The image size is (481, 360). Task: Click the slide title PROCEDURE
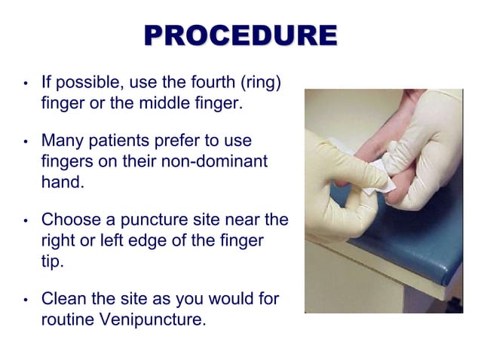240,35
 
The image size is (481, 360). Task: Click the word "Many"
60,141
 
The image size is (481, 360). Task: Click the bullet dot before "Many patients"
26,142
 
